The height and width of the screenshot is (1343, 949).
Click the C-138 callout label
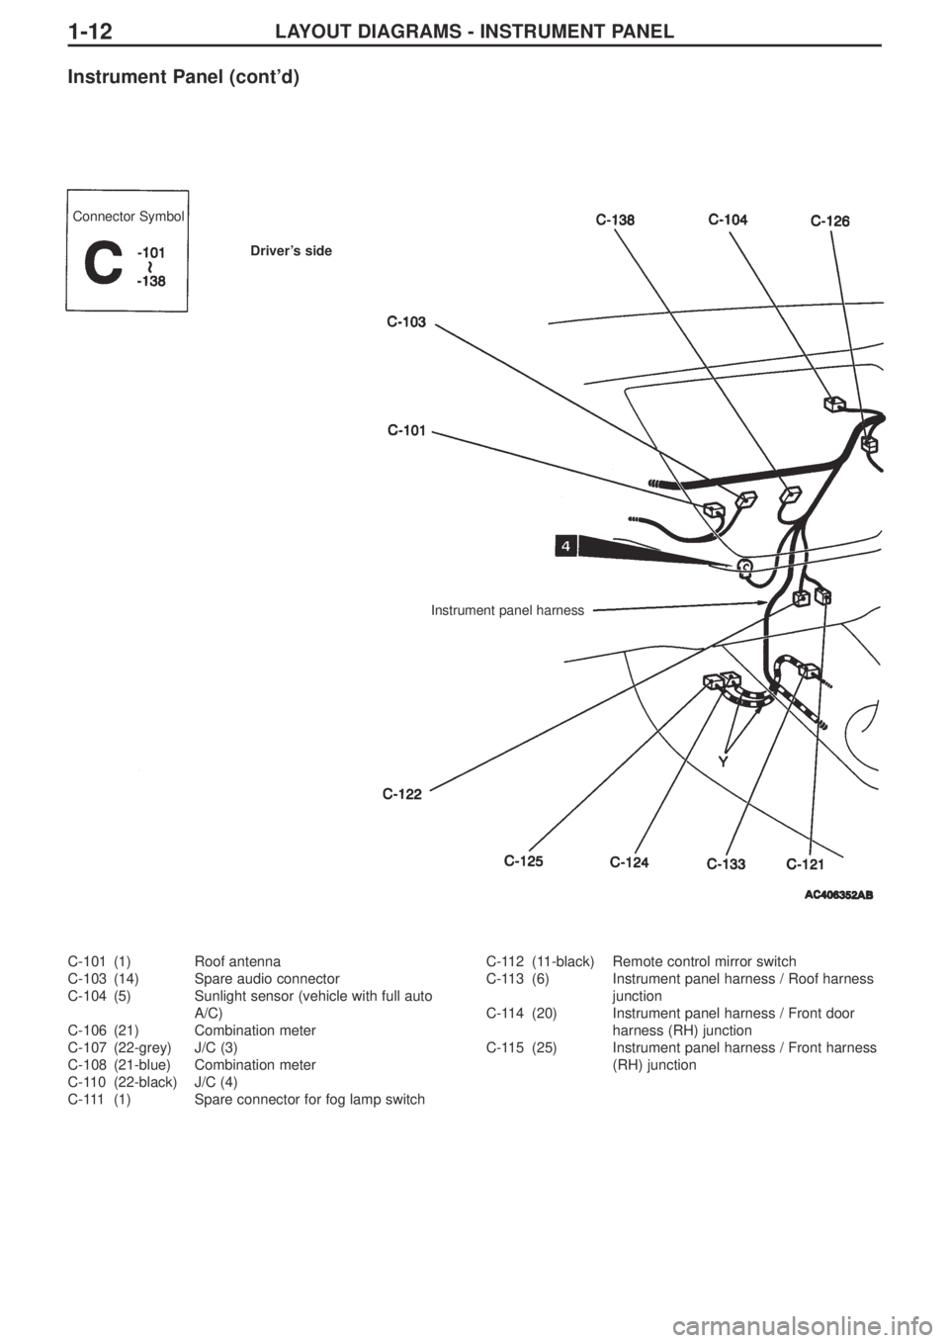point(615,221)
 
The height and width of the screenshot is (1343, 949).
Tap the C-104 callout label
point(728,220)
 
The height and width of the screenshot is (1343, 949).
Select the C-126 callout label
point(829,222)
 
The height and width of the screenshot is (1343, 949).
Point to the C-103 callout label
point(406,322)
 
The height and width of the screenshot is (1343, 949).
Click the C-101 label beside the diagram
point(406,430)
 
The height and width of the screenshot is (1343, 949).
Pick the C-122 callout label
point(402,795)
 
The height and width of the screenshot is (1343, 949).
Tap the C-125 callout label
point(524,861)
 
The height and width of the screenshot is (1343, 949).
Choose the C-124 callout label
point(629,862)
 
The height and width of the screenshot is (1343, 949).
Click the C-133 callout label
point(727,864)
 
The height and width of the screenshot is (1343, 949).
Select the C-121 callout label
point(806,864)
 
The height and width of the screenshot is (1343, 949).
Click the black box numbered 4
point(566,545)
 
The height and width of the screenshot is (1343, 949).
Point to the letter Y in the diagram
point(725,761)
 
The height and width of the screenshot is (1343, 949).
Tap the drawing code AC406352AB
point(838,895)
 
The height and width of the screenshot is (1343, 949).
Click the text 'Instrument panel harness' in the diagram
point(507,610)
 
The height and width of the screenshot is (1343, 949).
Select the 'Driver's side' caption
point(292,251)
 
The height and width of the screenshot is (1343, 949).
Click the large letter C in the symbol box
point(104,264)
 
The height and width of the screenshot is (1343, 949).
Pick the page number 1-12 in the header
point(91,31)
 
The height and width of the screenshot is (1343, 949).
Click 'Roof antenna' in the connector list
point(237,961)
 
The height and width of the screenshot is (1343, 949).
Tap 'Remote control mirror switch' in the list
point(705,961)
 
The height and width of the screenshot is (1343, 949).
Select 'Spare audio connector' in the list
point(267,979)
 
